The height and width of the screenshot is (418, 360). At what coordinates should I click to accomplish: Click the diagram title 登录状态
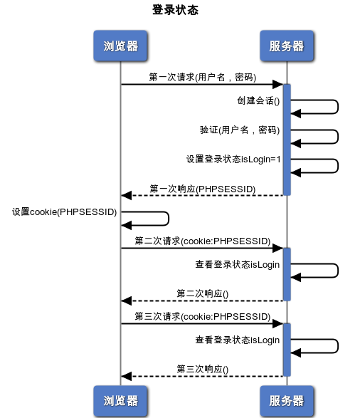[175, 11]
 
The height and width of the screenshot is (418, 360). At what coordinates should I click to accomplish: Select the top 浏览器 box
[120, 46]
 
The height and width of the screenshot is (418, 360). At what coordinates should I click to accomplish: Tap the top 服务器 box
[287, 46]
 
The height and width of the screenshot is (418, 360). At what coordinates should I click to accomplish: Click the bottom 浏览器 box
[120, 400]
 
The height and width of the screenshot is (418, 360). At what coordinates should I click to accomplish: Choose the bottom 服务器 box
[287, 400]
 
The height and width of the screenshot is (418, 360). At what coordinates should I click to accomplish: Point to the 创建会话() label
[259, 100]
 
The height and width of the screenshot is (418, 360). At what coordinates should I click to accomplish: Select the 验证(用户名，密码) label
[240, 130]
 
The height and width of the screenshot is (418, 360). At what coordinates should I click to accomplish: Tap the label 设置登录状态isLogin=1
[234, 160]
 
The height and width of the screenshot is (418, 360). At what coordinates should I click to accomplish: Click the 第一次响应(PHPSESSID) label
[203, 189]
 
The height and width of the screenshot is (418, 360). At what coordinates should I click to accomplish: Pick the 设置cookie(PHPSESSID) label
[64, 212]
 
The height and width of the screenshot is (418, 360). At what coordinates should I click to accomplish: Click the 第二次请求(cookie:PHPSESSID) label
[203, 241]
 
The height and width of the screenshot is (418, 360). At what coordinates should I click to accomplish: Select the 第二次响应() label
[203, 293]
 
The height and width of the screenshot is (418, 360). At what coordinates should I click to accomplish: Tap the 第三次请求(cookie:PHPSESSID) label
[203, 316]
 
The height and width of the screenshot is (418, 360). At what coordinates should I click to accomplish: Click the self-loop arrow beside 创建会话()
[337, 107]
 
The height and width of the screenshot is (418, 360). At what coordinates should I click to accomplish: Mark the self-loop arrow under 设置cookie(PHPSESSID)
[168, 219]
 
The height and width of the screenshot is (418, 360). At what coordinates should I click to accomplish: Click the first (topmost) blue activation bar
[287, 139]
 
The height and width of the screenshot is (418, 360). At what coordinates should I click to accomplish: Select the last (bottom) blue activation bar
[287, 349]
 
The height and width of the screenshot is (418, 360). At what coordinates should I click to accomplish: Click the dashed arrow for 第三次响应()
[203, 376]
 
